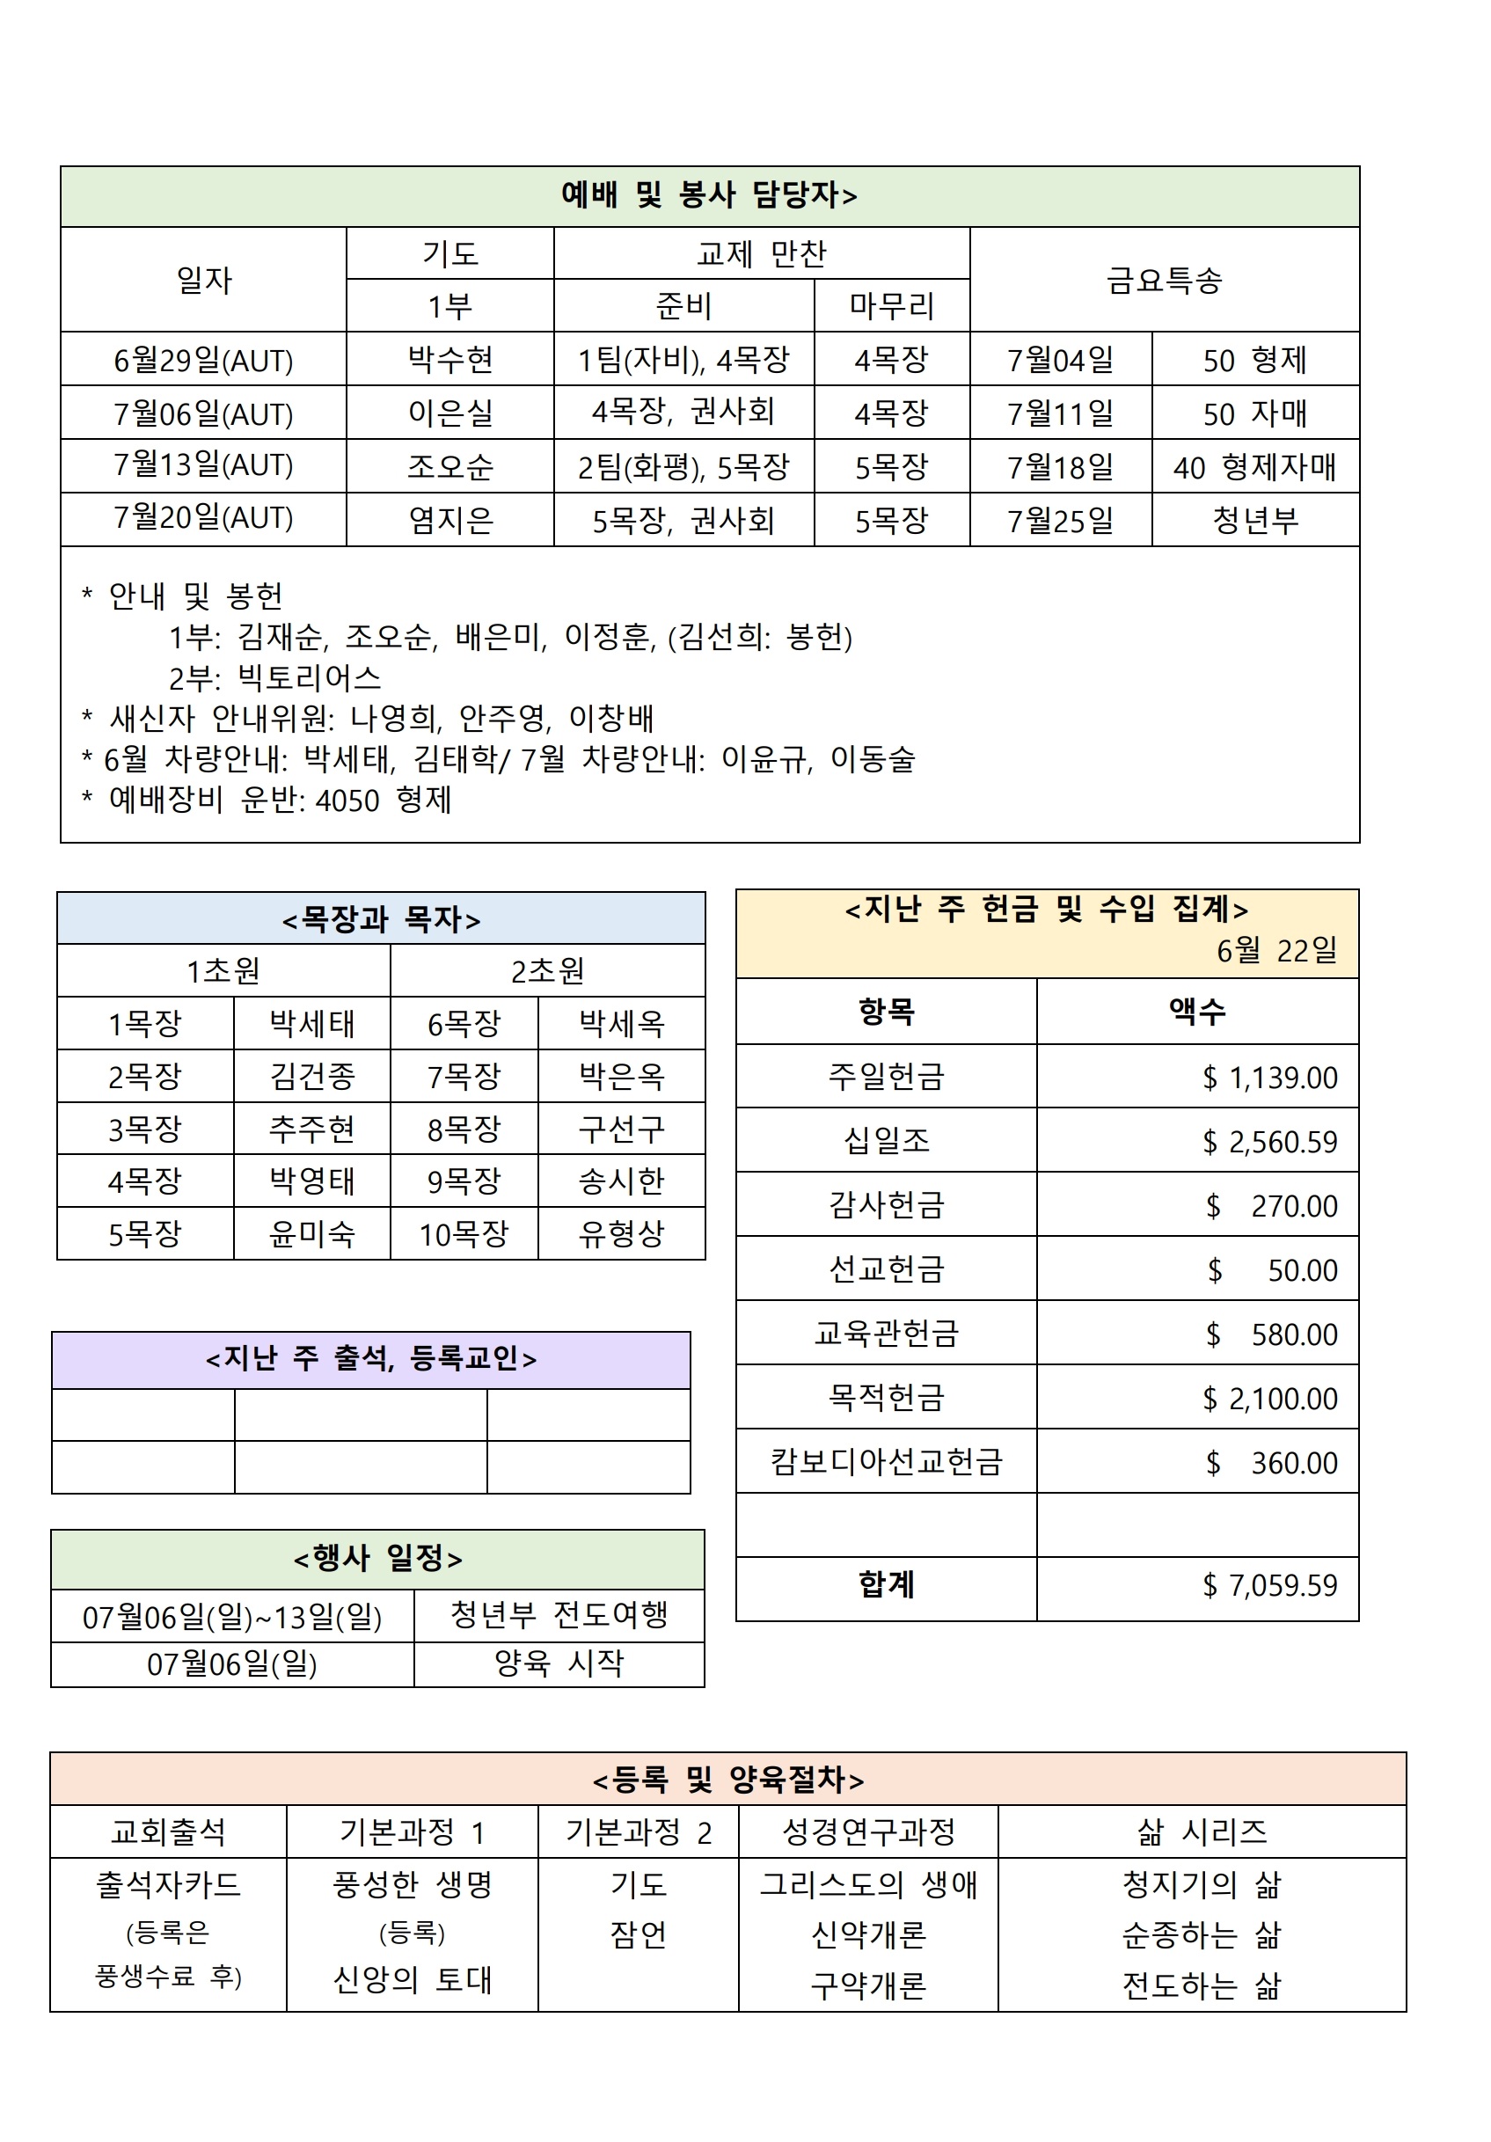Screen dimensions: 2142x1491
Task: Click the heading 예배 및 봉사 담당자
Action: click(708, 195)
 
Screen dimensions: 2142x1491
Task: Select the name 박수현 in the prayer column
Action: click(449, 359)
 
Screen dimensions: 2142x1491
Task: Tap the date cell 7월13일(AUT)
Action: click(203, 465)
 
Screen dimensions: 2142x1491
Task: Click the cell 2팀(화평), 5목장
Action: click(683, 466)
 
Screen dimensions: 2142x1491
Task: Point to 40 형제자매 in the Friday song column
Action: click(1254, 466)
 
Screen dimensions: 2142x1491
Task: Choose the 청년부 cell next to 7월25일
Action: click(1254, 520)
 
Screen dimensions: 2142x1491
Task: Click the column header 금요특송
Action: click(1164, 279)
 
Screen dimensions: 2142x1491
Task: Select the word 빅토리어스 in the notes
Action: click(309, 677)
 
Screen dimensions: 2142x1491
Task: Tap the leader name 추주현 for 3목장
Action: click(311, 1129)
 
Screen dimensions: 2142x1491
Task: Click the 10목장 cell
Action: click(464, 1234)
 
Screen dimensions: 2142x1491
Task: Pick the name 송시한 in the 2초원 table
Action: click(621, 1181)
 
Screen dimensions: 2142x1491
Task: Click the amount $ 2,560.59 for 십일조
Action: click(1269, 1141)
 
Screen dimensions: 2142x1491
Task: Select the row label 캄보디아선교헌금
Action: click(886, 1461)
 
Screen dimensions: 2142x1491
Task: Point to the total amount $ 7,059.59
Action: click(1269, 1585)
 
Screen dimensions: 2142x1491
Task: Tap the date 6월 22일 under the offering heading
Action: click(1275, 951)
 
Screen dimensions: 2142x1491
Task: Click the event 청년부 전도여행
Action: click(559, 1615)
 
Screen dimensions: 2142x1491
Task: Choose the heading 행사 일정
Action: click(378, 1558)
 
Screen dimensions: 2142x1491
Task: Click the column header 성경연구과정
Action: click(867, 1831)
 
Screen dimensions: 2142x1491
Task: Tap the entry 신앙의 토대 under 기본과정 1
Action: click(413, 1978)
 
